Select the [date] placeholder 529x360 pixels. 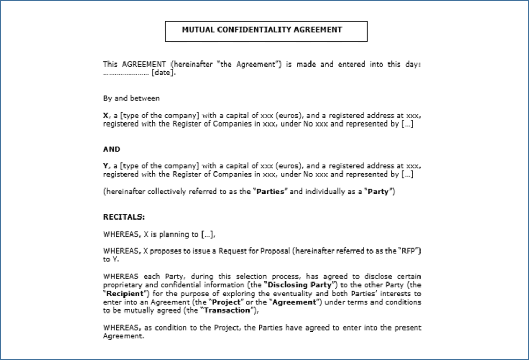(163, 73)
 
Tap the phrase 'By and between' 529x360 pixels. (131, 98)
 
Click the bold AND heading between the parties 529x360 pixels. (112, 149)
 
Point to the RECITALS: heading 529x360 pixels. (124, 217)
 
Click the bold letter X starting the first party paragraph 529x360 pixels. (105, 116)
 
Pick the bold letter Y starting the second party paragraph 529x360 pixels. (105, 166)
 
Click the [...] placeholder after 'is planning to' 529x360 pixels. (207, 234)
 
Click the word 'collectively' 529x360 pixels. (168, 192)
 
